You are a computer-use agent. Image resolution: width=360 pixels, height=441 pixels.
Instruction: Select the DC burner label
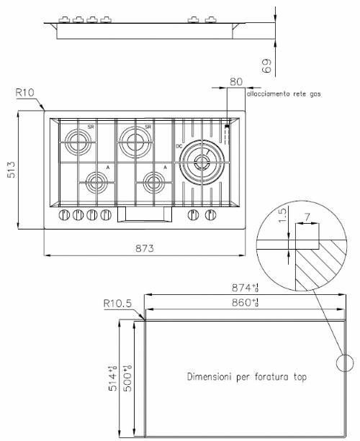tap(179, 147)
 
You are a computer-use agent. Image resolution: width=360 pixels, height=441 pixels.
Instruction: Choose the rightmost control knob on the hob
tap(211, 214)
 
